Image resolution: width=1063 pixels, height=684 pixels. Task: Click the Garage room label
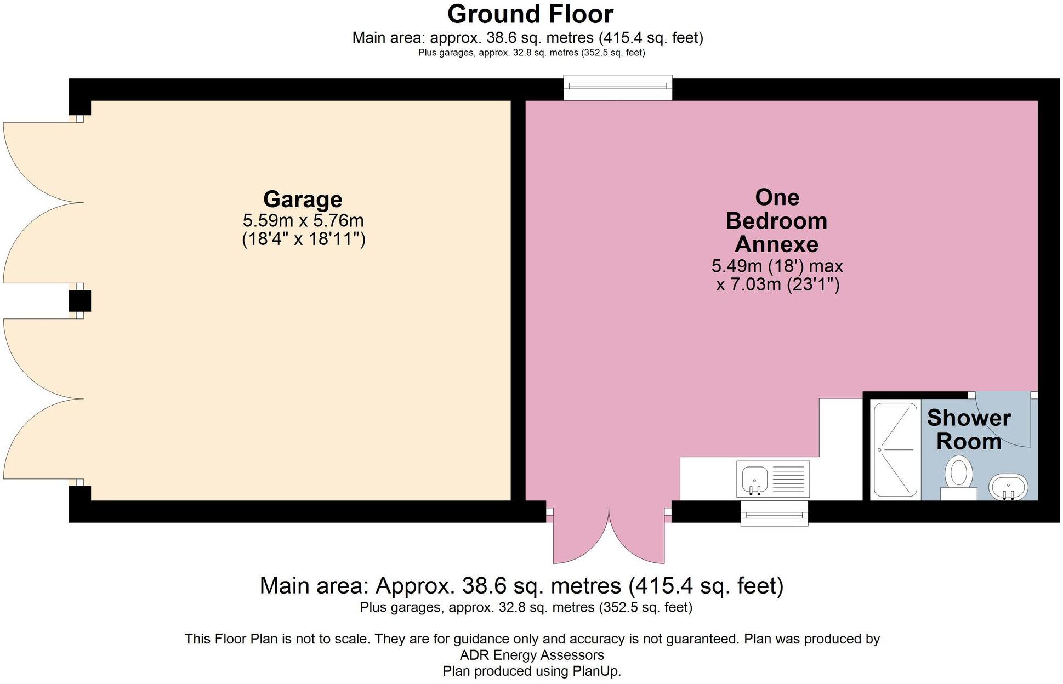303,199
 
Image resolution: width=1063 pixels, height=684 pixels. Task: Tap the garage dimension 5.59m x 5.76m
303,221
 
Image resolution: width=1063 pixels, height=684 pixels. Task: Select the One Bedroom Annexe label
776,220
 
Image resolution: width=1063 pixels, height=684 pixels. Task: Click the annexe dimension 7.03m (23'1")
777,285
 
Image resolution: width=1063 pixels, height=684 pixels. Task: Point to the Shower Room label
968,430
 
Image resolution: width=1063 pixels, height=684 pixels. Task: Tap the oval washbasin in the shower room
1008,487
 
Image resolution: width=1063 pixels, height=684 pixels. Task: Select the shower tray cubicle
895,449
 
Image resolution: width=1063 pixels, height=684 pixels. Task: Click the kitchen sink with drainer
773,478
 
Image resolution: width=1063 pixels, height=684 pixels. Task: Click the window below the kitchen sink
774,514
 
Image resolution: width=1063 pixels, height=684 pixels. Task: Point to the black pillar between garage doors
79,301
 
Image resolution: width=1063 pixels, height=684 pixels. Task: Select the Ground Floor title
530,14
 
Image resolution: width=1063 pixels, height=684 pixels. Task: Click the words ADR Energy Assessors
531,655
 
